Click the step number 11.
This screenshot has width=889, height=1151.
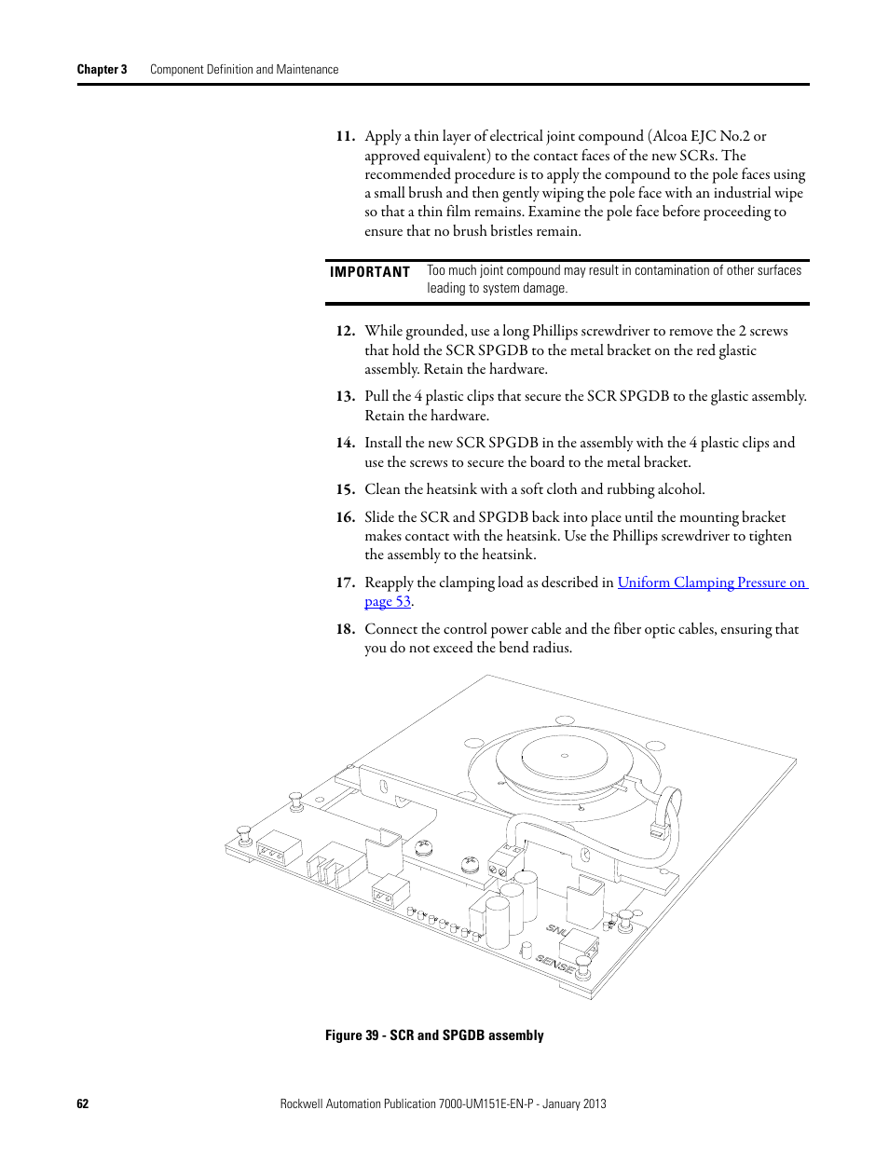click(345, 136)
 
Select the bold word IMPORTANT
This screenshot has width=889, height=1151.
click(369, 272)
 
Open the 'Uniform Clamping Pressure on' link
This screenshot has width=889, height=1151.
click(712, 582)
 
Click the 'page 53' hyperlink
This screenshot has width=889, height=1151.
click(388, 601)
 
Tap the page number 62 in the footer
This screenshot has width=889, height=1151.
click(83, 1103)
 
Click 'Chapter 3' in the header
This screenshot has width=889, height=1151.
click(102, 69)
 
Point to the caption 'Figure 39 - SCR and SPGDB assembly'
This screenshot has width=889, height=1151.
click(434, 1035)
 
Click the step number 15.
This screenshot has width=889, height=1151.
click(345, 489)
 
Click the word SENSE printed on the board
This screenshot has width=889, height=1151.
click(555, 965)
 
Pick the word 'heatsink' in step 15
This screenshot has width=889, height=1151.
click(454, 489)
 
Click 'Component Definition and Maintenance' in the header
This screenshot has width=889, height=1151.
click(244, 69)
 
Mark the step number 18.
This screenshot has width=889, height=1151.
click(345, 629)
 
